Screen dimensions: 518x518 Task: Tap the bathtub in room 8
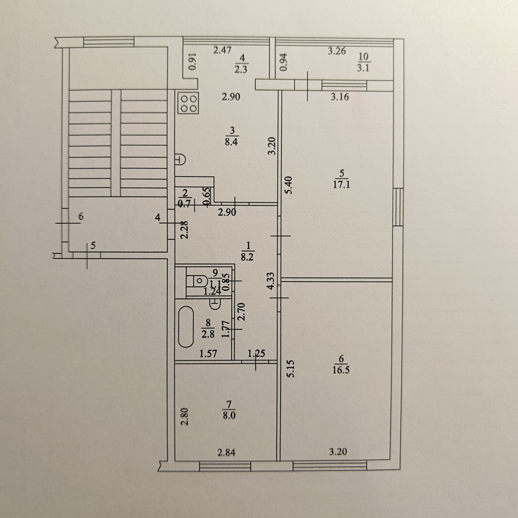tap(186, 326)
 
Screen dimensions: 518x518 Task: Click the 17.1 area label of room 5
tap(341, 185)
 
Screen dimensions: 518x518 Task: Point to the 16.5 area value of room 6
tap(341, 370)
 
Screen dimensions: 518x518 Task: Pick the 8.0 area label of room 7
tap(229, 415)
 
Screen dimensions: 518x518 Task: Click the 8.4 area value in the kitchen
tap(231, 142)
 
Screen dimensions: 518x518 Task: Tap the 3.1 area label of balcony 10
tap(363, 68)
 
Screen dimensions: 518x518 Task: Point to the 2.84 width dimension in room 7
tap(226, 452)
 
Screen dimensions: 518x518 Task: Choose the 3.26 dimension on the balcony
tap(337, 51)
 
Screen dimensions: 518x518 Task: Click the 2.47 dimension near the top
tap(223, 51)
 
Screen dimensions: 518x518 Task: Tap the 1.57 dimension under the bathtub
tap(208, 353)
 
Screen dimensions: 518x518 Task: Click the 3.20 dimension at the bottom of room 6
tap(338, 452)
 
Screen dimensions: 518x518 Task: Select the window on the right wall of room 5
tap(398, 207)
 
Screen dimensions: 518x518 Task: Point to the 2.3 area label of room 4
tap(241, 69)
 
